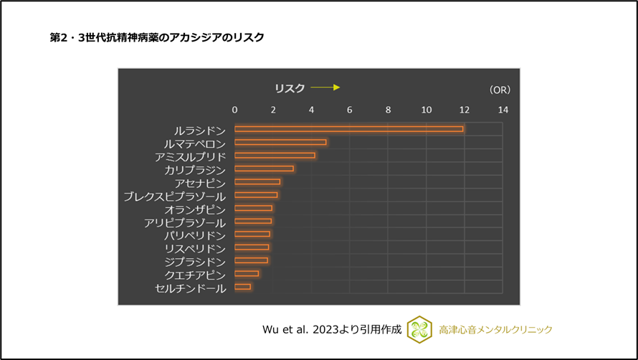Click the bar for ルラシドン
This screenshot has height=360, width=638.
point(348,129)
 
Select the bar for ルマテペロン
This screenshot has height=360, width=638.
point(280,142)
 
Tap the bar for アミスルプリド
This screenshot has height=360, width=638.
point(275,156)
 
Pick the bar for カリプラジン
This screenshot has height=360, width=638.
point(264,169)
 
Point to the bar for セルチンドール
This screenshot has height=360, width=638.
point(243,287)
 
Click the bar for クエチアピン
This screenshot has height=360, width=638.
point(247,274)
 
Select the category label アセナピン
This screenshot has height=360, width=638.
point(200,183)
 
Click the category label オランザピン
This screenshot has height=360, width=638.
point(195,209)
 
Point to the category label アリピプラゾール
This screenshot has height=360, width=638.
point(185,222)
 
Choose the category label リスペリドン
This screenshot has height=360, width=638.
point(195,248)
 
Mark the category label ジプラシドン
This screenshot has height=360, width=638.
point(195,262)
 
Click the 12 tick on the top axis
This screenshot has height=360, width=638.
point(465,110)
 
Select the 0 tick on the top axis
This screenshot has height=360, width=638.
point(235,110)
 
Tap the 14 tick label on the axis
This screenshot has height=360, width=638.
point(503,110)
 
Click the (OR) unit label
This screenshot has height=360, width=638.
point(500,90)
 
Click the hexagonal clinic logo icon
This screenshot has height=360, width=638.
point(419,329)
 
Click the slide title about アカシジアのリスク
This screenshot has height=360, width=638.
point(157,37)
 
